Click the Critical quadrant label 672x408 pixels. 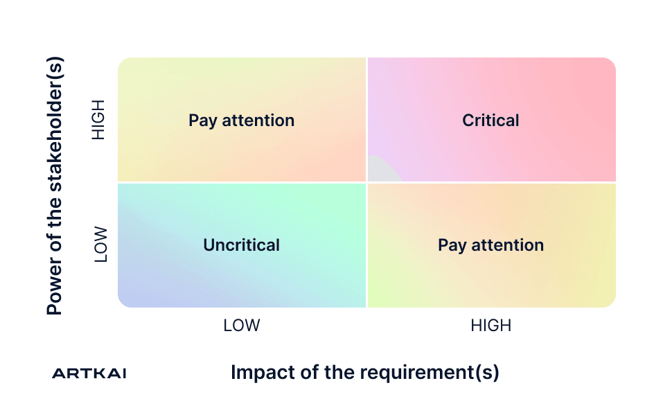coord(490,121)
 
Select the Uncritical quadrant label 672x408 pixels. coord(241,245)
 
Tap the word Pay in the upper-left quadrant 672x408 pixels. coord(203,121)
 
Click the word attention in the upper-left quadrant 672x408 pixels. coord(258,121)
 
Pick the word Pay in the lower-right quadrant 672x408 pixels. coord(452,246)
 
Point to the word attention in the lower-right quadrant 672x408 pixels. coord(507,245)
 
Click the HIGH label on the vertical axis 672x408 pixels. coord(98,120)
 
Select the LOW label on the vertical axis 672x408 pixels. coord(100,245)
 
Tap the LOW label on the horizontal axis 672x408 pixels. coord(241,326)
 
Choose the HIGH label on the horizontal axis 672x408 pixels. coord(490,326)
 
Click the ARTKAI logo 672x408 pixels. coord(89,373)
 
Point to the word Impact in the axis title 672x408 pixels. coord(263,372)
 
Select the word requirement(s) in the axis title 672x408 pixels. coord(425,373)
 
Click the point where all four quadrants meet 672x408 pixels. coord(367,183)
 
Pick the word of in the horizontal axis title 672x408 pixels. coord(310,372)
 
